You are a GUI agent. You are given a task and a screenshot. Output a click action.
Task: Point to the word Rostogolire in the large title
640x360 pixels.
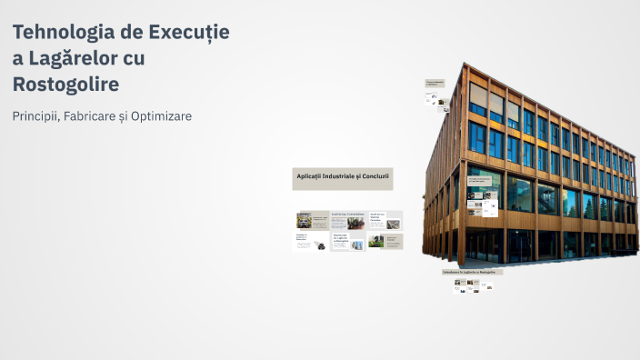pos(65,84)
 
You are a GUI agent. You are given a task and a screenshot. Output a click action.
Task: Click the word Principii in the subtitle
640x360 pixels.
pos(35,116)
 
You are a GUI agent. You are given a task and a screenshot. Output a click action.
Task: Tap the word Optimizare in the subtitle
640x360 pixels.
pos(161,116)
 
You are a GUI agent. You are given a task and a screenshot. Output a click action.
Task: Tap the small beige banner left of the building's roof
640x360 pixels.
pos(435,83)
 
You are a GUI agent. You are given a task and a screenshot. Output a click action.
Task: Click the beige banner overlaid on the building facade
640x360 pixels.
pos(484,181)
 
